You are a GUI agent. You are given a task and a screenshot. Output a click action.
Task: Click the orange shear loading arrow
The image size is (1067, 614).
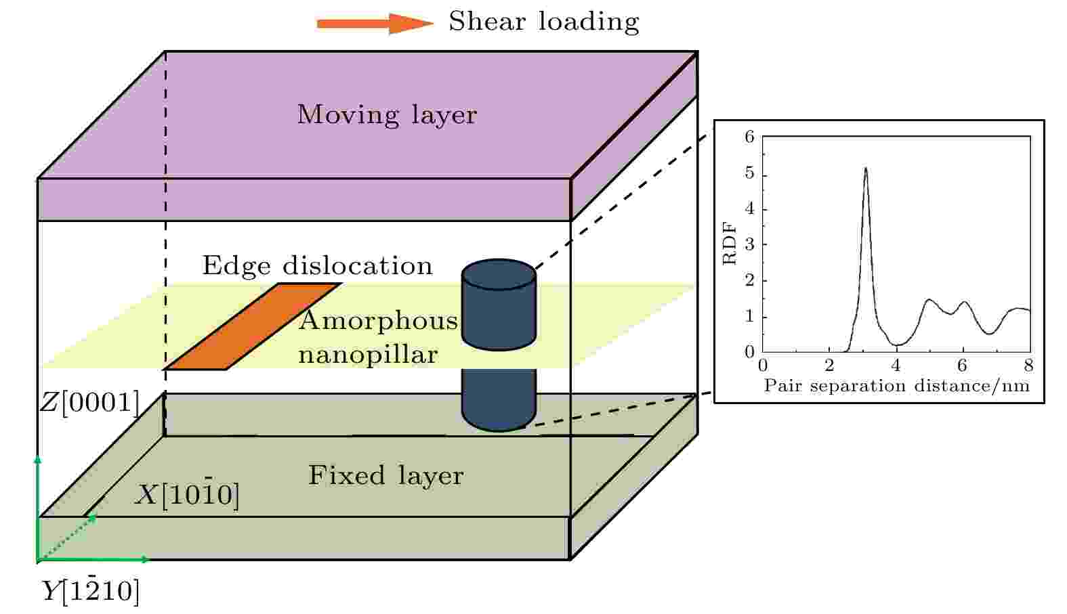375,23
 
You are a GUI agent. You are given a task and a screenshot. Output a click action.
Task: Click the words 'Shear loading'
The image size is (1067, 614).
543,22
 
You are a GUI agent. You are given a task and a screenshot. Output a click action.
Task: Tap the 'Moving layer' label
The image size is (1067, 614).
387,114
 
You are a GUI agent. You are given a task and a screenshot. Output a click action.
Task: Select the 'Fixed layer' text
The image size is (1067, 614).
386,475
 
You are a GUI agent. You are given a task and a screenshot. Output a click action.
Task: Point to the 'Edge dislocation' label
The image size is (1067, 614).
317,265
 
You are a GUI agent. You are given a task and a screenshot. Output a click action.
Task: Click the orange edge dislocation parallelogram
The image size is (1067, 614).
253,326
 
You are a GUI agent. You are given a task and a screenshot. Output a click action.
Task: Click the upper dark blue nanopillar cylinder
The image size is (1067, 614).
499,305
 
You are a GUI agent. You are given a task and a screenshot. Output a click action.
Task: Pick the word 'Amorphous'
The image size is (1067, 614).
378,320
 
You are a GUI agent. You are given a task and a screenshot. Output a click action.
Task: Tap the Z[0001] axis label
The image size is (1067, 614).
89,403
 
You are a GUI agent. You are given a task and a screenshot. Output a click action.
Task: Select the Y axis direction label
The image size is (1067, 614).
91,591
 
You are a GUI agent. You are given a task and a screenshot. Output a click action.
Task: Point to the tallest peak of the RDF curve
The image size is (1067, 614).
866,168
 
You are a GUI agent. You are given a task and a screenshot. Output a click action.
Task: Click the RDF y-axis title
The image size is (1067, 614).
729,243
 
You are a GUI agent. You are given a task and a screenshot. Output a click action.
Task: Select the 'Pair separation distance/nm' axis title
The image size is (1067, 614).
896,386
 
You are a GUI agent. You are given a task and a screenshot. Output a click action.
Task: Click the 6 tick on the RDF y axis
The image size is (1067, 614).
750,137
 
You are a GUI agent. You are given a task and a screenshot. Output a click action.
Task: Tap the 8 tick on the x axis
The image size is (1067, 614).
1029,366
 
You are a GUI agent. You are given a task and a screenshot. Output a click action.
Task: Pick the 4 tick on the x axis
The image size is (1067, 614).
896,366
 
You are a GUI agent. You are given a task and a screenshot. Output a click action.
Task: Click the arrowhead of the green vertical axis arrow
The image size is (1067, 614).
38,459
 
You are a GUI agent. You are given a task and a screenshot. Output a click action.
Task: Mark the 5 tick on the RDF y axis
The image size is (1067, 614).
750,173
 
